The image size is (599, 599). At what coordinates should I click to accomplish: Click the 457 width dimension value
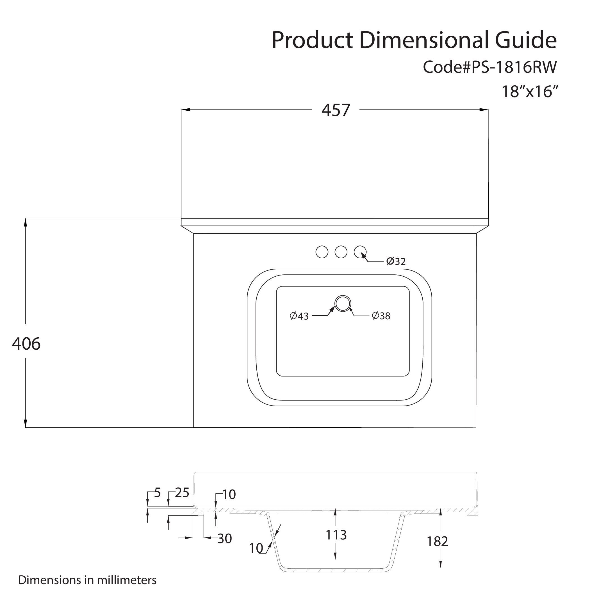[336, 110]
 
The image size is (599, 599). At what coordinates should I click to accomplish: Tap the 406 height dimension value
[26, 344]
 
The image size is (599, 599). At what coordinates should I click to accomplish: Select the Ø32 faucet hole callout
[396, 261]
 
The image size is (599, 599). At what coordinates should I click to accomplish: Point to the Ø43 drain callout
[299, 316]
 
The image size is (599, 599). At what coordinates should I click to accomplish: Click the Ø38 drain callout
[381, 316]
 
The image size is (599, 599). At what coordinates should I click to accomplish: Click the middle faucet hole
[341, 252]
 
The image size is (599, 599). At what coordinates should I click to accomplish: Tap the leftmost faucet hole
[322, 252]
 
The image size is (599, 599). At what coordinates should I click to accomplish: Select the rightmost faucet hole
[360, 252]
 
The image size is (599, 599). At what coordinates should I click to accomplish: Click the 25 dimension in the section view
[182, 493]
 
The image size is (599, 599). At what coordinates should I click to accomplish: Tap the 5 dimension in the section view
[158, 493]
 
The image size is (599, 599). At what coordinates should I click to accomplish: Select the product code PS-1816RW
[514, 67]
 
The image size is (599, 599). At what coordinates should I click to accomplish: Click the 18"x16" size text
[530, 92]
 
